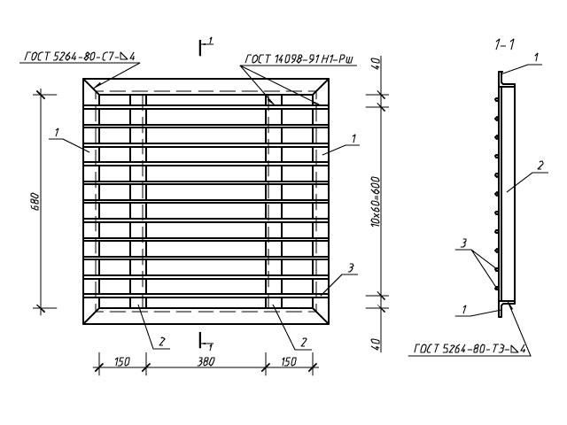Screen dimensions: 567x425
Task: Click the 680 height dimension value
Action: point(35,202)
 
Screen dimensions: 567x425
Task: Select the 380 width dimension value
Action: point(206,362)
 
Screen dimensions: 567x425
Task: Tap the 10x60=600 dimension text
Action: point(377,202)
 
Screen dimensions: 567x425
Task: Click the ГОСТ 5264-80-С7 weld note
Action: point(80,57)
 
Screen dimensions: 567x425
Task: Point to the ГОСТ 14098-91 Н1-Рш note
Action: point(299,59)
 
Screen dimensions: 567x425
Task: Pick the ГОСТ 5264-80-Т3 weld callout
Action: point(469,349)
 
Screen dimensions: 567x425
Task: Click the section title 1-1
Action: point(504,45)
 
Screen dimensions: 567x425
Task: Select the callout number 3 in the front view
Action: point(351,268)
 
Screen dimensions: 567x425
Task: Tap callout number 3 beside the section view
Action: point(463,243)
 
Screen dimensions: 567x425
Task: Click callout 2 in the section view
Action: point(540,166)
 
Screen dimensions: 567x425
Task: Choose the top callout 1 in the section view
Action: point(537,57)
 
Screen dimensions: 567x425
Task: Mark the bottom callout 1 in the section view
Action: point(464,309)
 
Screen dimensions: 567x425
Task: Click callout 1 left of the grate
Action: point(57,133)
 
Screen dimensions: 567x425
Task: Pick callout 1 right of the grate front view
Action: point(354,138)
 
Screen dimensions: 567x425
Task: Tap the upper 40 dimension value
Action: point(377,64)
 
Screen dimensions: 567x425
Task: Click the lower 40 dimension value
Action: point(377,344)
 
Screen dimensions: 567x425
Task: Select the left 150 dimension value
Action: point(122,362)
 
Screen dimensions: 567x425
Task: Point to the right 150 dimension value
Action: point(289,362)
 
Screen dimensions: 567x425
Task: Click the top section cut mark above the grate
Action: point(205,46)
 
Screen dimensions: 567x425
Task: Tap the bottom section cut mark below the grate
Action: point(205,341)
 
